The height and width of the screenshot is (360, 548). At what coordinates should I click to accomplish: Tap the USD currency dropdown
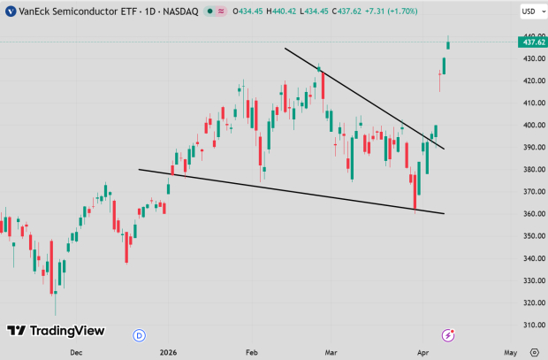[x=531, y=12]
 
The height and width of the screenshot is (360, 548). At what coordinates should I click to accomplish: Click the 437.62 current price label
[x=533, y=42]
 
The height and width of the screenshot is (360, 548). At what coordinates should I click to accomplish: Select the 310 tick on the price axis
[x=530, y=325]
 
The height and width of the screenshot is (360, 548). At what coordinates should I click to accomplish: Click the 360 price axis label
[x=530, y=214]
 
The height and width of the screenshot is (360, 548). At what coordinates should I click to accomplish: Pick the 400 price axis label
[x=530, y=126]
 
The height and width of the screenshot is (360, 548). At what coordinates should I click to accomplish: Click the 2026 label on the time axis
[x=169, y=351]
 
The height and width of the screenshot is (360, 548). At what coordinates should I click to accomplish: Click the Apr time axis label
[x=422, y=351]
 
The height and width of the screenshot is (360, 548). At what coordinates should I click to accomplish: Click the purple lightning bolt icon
[x=449, y=334]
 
